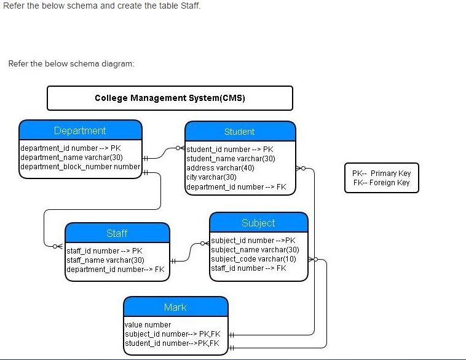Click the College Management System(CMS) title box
point(170,98)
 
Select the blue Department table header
point(80,130)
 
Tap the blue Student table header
point(239,132)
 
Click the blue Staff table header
point(117,233)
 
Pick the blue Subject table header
point(258,223)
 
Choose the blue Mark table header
point(175,307)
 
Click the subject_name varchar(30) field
point(255,250)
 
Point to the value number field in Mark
point(148,325)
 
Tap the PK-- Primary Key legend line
point(381,174)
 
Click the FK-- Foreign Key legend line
point(381,183)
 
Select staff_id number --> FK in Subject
point(248,268)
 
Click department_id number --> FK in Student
point(236,186)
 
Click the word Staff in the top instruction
point(189,6)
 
